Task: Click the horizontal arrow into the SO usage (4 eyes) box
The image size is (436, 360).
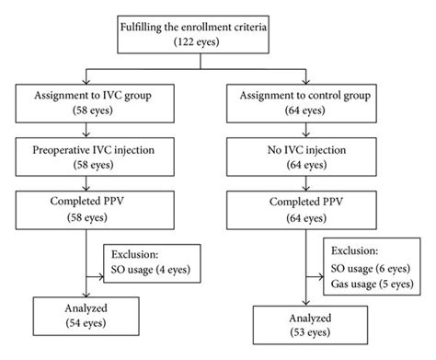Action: tap(102, 274)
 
